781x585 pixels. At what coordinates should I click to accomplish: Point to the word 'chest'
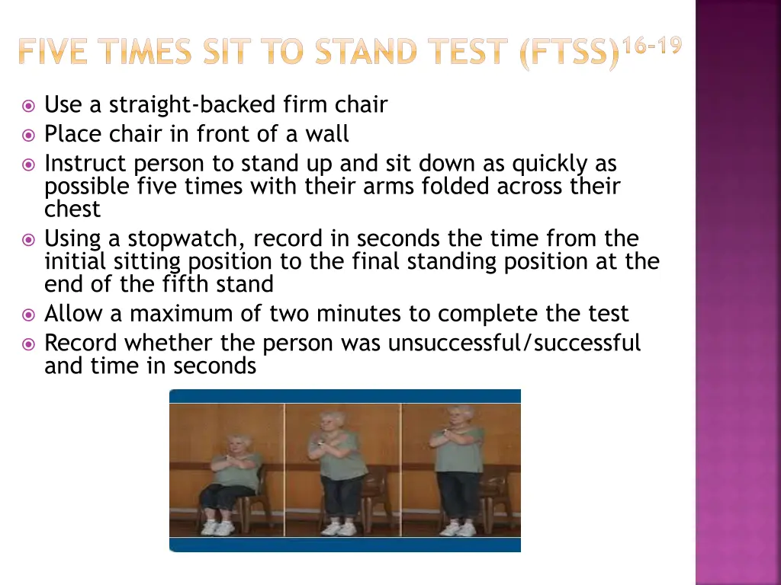pyautogui.click(x=72, y=209)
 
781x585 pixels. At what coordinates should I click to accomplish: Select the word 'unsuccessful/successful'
pyautogui.click(x=514, y=343)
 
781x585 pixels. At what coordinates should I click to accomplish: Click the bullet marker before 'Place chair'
pyautogui.click(x=29, y=136)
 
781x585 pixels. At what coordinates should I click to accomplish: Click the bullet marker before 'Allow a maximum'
pyautogui.click(x=29, y=315)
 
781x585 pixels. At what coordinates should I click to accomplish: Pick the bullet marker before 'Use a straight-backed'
pyautogui.click(x=29, y=106)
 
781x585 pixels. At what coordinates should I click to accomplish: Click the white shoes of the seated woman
pyautogui.click(x=217, y=528)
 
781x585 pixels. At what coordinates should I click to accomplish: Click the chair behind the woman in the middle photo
pyautogui.click(x=377, y=495)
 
